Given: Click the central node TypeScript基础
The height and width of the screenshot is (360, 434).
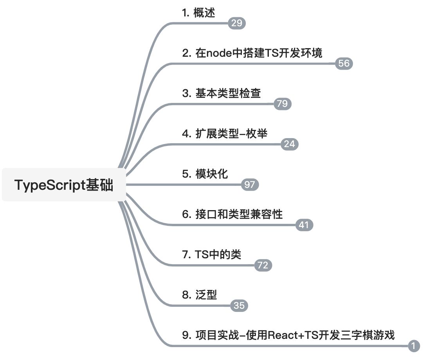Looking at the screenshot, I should (x=64, y=185).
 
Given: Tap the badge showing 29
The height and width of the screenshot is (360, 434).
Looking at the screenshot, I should (x=237, y=23).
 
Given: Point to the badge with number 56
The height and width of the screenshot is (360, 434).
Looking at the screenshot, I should (x=344, y=64).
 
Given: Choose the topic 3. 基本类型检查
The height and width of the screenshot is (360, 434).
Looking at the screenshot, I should (x=221, y=93).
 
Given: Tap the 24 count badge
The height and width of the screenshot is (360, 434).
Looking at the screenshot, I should (x=290, y=144).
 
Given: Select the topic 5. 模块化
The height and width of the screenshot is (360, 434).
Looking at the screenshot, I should (x=205, y=174).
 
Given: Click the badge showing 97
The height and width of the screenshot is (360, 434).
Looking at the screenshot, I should (x=249, y=185).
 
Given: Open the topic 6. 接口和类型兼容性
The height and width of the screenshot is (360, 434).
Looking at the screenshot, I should (x=232, y=214).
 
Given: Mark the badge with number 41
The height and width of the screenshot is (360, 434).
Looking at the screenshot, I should (x=304, y=225).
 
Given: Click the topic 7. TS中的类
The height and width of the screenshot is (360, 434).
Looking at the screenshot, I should (x=211, y=255).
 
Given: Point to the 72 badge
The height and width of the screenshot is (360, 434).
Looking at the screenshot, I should (x=263, y=266).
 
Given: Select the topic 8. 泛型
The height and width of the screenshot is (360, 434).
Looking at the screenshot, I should (x=199, y=295).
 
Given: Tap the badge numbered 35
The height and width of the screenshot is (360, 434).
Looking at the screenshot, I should (x=239, y=306).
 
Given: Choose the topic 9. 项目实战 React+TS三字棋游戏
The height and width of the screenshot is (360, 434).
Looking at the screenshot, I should (x=288, y=335).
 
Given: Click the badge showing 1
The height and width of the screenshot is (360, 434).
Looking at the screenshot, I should (x=414, y=346).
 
